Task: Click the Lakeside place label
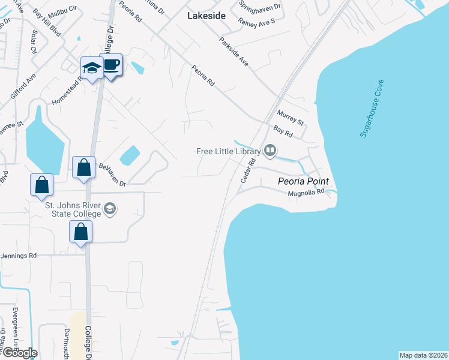[x=206, y=16]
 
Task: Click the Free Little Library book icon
[x=270, y=151]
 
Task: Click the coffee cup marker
[x=111, y=65]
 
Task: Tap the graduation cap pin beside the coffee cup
[x=92, y=68]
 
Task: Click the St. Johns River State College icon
[x=110, y=209]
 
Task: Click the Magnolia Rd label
[x=306, y=193]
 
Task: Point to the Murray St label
[x=291, y=118]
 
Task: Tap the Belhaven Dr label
[x=112, y=174]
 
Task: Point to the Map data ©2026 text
[x=423, y=355]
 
